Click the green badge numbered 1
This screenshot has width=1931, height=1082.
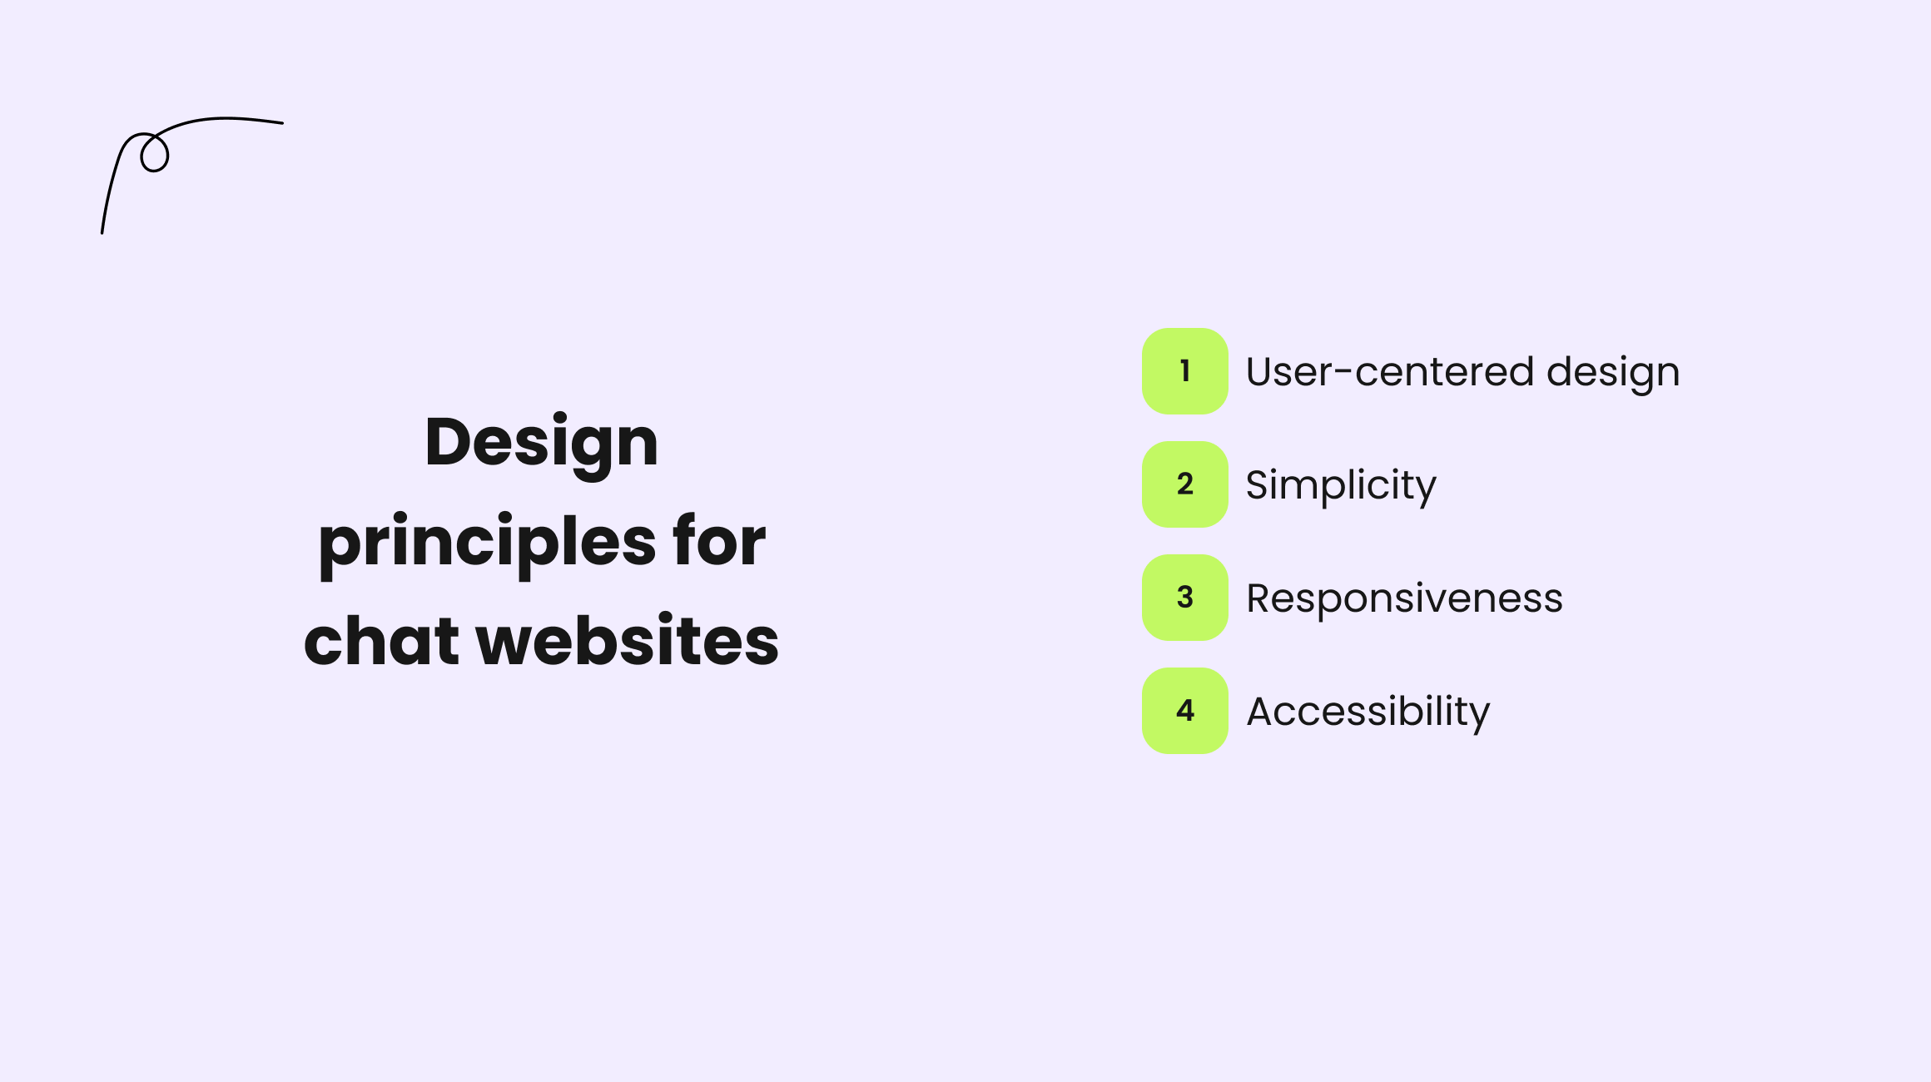(1185, 371)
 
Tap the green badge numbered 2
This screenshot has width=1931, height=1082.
(1185, 484)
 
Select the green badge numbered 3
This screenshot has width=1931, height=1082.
(1185, 598)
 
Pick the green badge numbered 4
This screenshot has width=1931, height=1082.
(1185, 711)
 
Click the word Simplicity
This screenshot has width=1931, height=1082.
(1341, 486)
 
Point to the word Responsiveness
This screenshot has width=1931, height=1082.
(1405, 599)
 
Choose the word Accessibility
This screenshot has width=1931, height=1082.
(1368, 712)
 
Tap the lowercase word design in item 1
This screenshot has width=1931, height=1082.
(1613, 373)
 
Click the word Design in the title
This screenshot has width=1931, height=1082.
(542, 444)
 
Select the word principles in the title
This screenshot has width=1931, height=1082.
(487, 544)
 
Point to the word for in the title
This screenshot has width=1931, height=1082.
(720, 541)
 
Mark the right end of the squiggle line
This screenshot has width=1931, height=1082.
(282, 123)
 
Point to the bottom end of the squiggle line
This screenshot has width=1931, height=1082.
(102, 232)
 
